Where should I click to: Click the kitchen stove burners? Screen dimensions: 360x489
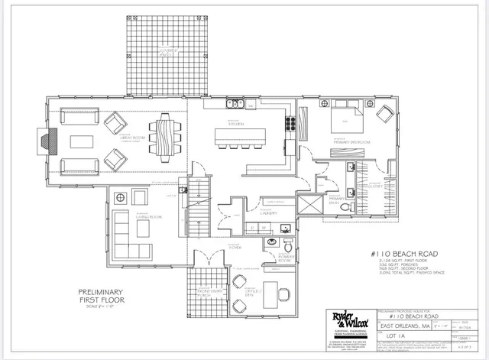point(290,122)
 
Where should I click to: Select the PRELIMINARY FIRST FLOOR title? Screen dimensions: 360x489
point(103,295)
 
